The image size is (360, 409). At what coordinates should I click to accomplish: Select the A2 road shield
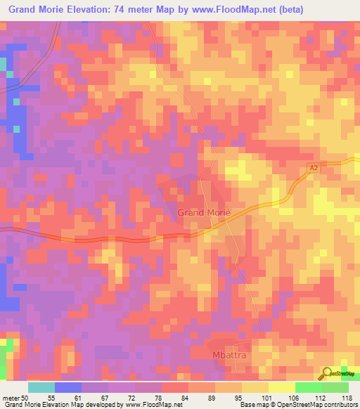coord(314,168)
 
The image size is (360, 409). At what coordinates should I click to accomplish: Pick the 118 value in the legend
coord(347,398)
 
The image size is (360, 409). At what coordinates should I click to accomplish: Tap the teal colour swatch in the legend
coord(41,387)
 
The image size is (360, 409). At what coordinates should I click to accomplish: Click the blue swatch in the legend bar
coord(68,387)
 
